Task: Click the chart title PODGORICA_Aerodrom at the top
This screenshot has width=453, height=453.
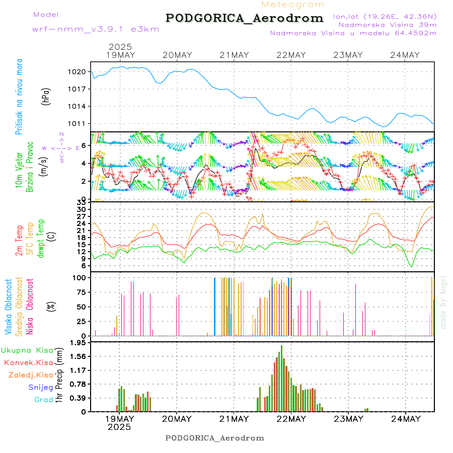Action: click(x=245, y=18)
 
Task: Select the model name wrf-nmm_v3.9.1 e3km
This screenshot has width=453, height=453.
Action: click(x=96, y=29)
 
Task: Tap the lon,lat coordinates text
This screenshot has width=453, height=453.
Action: click(x=385, y=16)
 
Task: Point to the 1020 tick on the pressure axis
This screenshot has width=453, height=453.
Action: click(x=77, y=72)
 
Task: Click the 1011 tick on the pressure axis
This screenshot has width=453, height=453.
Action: click(x=77, y=124)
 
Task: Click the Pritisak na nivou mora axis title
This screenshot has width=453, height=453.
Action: click(x=19, y=96)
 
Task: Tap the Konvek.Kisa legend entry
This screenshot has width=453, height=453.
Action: click(x=28, y=362)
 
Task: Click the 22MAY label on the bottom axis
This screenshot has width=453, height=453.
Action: click(x=291, y=419)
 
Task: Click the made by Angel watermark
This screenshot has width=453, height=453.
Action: click(x=443, y=302)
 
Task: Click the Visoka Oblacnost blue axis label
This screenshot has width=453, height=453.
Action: click(x=9, y=307)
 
